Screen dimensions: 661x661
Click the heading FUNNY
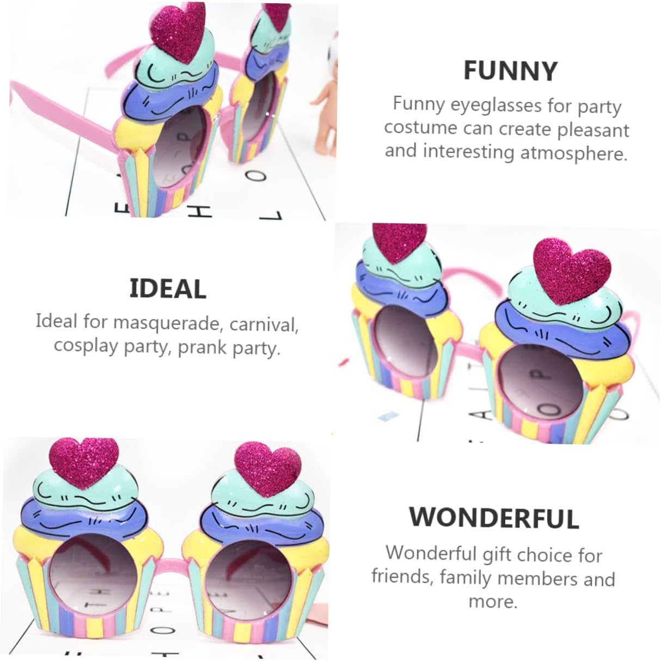(x=510, y=71)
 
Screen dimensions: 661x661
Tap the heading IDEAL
(x=168, y=289)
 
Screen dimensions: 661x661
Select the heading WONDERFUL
(x=494, y=517)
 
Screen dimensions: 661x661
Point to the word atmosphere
(x=573, y=153)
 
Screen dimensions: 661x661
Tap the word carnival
(x=264, y=325)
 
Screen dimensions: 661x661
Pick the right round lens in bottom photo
(x=247, y=571)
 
